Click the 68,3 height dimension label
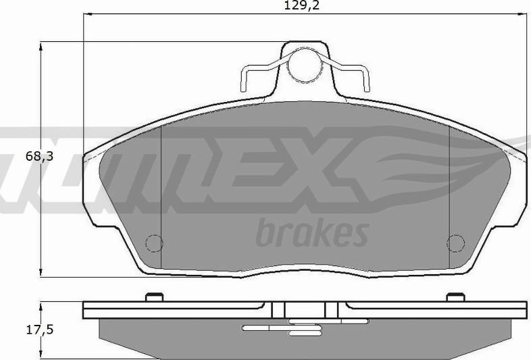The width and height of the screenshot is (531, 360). tap(39, 156)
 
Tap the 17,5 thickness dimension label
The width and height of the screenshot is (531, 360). tap(40, 330)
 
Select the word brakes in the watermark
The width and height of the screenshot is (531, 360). tap(312, 232)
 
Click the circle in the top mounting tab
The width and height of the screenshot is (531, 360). tap(304, 65)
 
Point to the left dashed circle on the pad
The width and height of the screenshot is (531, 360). tap(154, 243)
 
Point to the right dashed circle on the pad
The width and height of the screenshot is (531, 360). tap(455, 243)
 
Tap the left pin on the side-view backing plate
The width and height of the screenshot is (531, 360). tap(155, 297)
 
